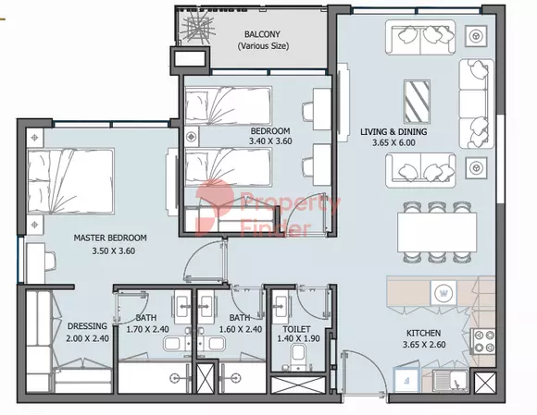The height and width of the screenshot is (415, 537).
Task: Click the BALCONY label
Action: [x=262, y=34]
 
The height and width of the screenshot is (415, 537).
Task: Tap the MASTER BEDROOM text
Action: [x=110, y=238]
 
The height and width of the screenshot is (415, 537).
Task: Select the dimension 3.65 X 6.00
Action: [x=393, y=142]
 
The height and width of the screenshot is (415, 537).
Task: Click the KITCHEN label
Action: [x=424, y=333]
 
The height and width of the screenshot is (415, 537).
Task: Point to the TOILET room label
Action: [x=296, y=329]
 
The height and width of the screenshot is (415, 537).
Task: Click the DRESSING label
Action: [x=87, y=326]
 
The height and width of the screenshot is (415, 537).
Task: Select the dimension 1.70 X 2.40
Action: [x=147, y=330]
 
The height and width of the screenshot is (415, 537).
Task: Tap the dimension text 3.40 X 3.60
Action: [x=270, y=140]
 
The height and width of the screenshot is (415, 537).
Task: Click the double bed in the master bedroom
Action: [x=70, y=181]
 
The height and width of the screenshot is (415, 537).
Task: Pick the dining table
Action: [x=437, y=232]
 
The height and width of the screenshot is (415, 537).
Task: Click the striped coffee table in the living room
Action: [x=417, y=102]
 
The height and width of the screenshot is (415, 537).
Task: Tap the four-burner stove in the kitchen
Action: [x=482, y=341]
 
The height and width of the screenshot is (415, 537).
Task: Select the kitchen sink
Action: [x=450, y=381]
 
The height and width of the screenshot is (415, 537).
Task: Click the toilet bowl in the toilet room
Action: [x=298, y=355]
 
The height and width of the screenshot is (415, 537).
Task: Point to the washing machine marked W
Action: [x=443, y=293]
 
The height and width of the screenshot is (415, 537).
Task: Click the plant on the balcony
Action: [x=196, y=28]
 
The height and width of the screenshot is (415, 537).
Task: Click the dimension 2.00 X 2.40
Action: [x=87, y=338]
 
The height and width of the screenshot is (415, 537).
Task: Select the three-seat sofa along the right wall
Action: [x=477, y=104]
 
